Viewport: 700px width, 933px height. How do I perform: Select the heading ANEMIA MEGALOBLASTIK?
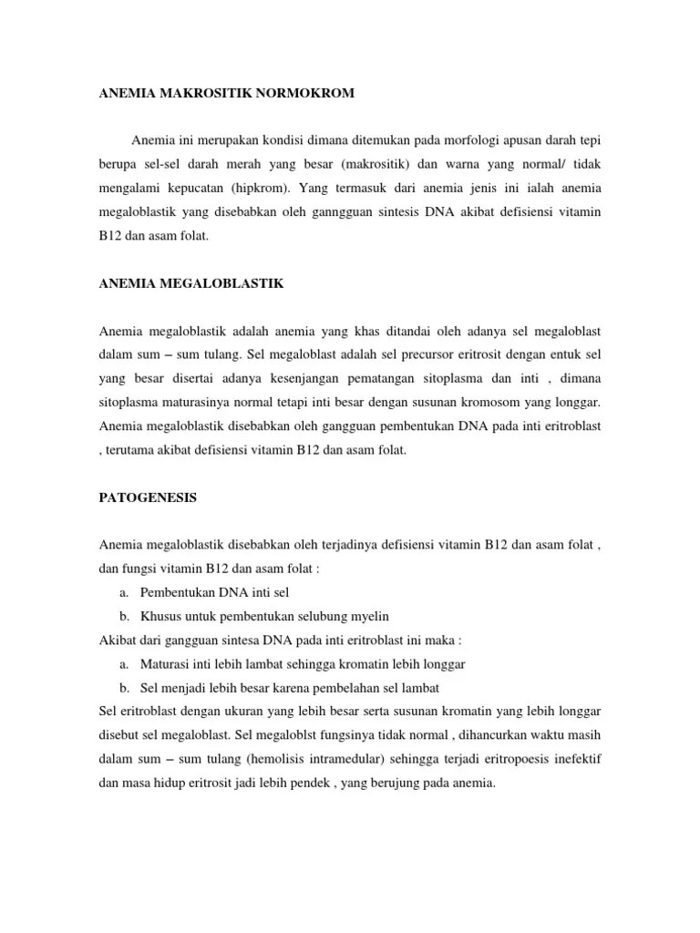point(191,283)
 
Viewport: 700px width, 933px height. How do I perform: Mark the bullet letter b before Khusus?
point(122,616)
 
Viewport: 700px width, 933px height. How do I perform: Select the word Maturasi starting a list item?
point(166,663)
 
